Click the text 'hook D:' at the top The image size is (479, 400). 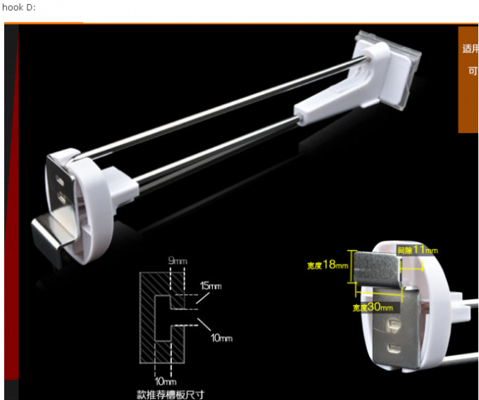(18, 7)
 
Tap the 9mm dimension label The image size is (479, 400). (178, 262)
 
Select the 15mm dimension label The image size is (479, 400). (211, 286)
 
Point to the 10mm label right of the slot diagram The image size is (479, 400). (221, 338)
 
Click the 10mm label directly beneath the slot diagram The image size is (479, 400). (163, 380)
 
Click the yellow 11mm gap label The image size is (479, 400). (417, 250)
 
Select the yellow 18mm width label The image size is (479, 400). (328, 265)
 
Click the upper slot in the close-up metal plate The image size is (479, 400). (392, 325)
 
